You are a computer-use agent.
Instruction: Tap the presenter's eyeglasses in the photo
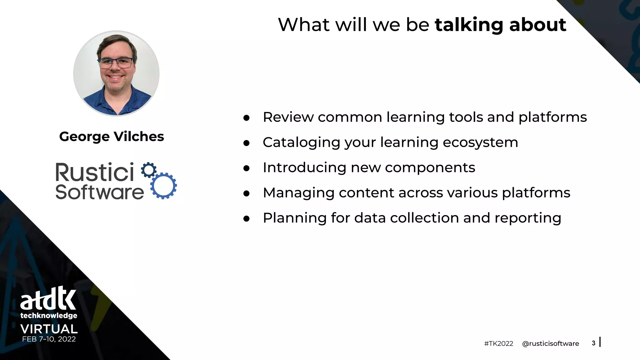tap(115, 63)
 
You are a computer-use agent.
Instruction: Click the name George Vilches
tap(112, 137)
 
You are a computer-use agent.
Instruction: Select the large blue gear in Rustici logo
tap(163, 186)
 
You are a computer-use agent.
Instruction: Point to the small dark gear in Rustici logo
tap(149, 170)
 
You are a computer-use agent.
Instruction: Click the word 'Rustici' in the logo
tap(95, 172)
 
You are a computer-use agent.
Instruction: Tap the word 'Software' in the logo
tap(99, 192)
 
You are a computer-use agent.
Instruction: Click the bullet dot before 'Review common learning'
tap(247, 118)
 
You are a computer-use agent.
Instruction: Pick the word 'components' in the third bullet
tap(430, 168)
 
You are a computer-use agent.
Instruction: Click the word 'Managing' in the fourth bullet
tap(298, 193)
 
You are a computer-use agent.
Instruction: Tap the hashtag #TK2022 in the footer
tap(498, 344)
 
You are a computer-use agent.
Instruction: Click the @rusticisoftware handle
tap(550, 344)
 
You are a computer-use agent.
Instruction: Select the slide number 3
tap(593, 343)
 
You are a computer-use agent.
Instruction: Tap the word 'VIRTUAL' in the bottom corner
tap(49, 329)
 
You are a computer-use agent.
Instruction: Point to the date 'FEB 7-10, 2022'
tap(49, 339)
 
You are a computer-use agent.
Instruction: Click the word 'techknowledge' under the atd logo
tap(49, 316)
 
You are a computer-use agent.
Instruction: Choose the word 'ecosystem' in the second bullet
tap(480, 142)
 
